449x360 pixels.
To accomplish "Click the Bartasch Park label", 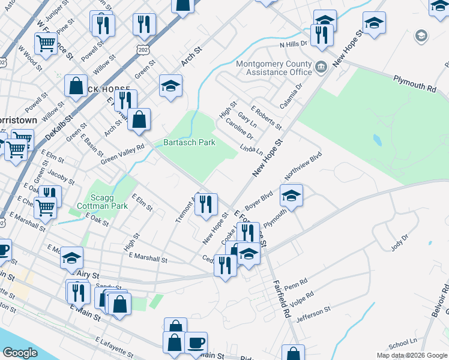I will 190,143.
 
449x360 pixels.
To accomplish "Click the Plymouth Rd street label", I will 414,83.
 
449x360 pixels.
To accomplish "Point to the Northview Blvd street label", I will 304,166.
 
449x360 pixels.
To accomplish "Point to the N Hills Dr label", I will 293,44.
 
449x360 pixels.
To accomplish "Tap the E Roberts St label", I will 267,118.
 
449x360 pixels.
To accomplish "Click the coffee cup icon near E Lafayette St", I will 196,343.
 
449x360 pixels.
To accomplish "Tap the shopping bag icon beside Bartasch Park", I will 139,119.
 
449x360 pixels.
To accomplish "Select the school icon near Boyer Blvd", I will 291,196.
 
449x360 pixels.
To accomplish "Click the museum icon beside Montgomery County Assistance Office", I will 321,66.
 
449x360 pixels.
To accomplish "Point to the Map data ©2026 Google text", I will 411,355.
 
